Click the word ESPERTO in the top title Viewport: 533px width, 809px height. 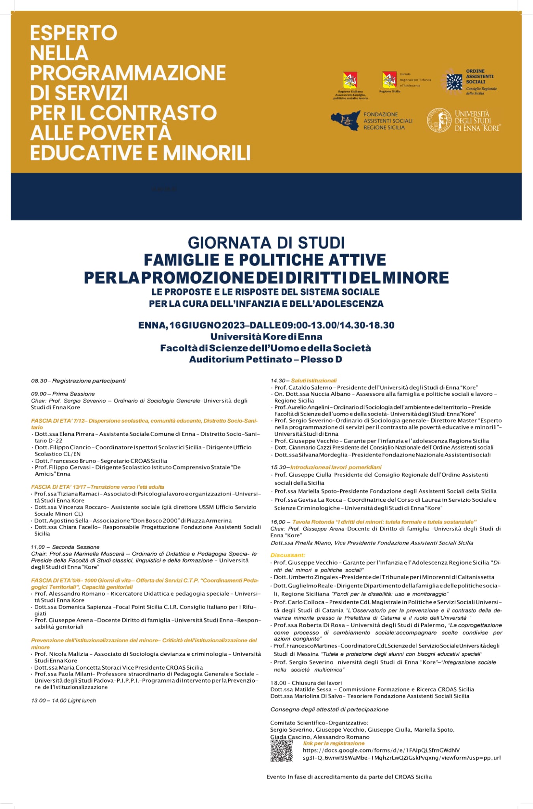[x=74, y=33]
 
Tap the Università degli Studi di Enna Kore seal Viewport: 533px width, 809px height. [x=439, y=120]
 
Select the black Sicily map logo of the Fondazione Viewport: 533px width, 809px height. [x=346, y=121]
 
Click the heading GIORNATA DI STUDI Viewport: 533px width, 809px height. [x=266, y=242]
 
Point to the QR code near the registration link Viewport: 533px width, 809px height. [x=281, y=751]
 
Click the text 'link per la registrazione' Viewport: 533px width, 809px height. [x=334, y=743]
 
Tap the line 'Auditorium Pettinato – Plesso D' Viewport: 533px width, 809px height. [x=265, y=359]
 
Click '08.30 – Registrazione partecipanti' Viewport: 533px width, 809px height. [x=78, y=381]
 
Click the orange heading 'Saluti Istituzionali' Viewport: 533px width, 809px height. [x=314, y=380]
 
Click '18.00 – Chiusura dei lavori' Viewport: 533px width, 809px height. [x=306, y=683]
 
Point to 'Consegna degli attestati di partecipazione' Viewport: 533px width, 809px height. [x=329, y=709]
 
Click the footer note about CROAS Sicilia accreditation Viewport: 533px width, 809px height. [x=349, y=777]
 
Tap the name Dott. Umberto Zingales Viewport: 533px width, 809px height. [x=303, y=577]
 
